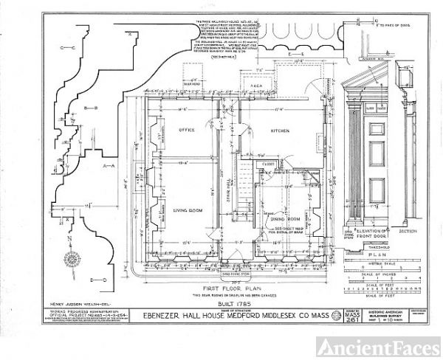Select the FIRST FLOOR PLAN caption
point(232,289)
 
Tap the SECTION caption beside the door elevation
point(419,230)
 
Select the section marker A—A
point(109,166)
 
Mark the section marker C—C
point(69,48)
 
